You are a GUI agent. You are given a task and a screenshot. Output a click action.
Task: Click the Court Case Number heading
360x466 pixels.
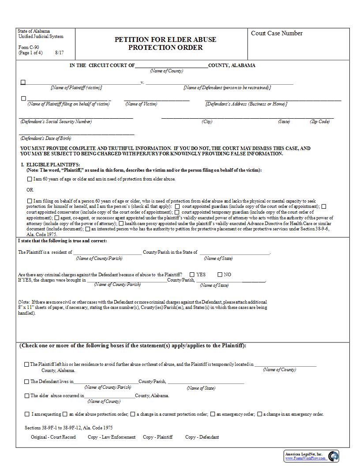click(277, 34)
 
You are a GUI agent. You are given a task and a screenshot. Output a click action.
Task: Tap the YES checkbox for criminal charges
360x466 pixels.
click(192, 274)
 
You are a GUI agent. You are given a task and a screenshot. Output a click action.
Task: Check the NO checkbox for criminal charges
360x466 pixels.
click(220, 274)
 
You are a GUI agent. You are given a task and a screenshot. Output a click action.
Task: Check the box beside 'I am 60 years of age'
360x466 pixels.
click(30, 179)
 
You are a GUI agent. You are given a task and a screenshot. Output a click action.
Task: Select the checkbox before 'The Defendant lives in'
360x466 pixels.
click(27, 382)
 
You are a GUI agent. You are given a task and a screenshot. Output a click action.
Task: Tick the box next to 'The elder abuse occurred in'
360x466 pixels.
click(27, 396)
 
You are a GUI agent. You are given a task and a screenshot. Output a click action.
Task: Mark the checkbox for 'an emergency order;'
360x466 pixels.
click(213, 414)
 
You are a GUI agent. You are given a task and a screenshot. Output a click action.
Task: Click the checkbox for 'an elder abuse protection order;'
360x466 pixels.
click(65, 414)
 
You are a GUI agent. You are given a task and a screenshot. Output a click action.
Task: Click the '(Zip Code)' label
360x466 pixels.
click(319, 122)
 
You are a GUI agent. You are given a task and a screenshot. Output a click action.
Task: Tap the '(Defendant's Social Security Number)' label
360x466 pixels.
click(56, 121)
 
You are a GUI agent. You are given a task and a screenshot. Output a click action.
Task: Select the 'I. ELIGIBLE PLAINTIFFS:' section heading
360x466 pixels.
click(50, 165)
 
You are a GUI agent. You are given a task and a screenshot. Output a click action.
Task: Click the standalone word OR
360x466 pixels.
click(30, 190)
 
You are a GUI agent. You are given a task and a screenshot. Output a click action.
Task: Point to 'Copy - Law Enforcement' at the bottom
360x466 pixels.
click(112, 437)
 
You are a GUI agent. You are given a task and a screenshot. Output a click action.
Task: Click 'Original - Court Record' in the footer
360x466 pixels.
click(53, 437)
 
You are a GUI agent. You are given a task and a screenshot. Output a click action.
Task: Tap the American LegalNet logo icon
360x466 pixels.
click(333, 456)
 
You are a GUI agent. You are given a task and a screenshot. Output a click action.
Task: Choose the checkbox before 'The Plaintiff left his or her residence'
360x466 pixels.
click(27, 365)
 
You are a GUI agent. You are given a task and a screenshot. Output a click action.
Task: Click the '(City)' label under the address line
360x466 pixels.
click(207, 122)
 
